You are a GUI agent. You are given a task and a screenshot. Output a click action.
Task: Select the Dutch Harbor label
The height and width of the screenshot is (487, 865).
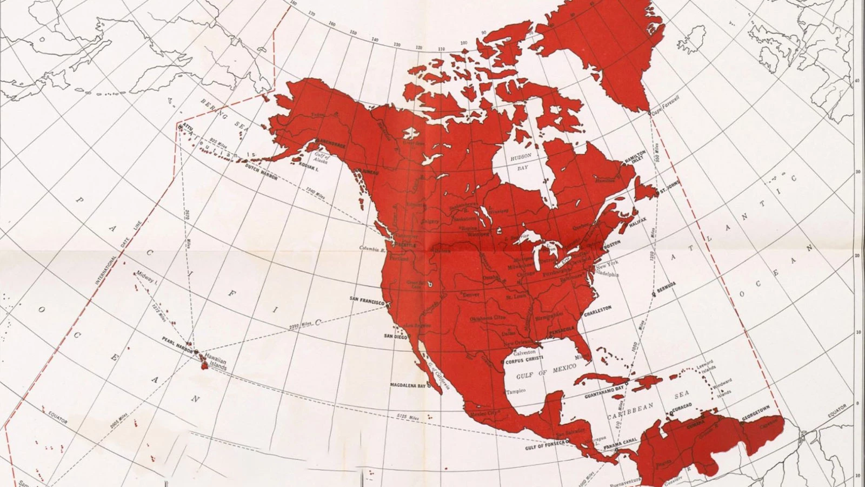pyautogui.click(x=262, y=174)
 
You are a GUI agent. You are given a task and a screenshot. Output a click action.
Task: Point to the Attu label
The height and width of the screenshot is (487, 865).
pyautogui.click(x=188, y=124)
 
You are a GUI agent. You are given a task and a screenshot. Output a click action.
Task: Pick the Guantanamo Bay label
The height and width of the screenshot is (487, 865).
pyautogui.click(x=604, y=392)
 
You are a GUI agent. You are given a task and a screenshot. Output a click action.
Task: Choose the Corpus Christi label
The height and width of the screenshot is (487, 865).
pyautogui.click(x=524, y=359)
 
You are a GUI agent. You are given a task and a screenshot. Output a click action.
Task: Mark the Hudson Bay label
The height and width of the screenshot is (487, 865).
pyautogui.click(x=521, y=162)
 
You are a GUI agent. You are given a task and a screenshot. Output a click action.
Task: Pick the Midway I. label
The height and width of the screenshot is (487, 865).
pyautogui.click(x=147, y=278)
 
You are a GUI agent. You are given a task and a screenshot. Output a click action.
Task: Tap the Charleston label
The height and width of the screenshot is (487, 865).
pyautogui.click(x=597, y=309)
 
